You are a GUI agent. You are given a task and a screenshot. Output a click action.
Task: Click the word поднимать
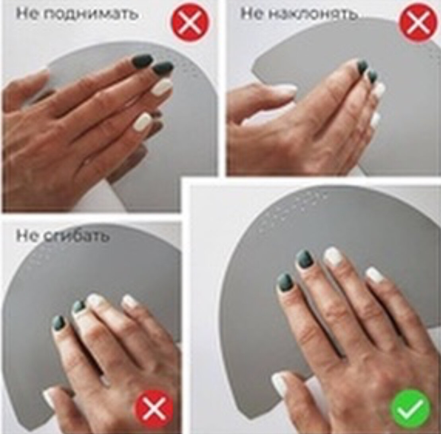(91, 14)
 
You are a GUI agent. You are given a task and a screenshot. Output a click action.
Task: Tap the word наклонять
(313, 13)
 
